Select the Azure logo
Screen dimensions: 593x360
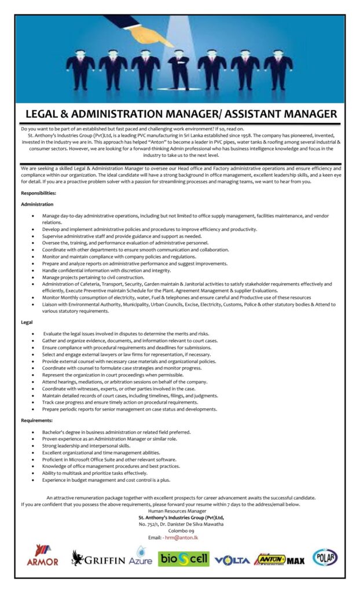click(141, 558)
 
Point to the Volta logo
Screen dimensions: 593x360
click(232, 560)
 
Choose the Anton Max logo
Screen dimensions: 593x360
click(279, 559)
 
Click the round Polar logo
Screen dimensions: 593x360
click(325, 557)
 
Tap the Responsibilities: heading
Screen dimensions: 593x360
click(39, 192)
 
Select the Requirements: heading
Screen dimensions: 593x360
click(38, 420)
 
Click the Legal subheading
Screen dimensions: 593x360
click(27, 322)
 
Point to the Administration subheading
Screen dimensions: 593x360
click(37, 204)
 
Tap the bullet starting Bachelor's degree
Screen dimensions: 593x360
click(116, 432)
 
